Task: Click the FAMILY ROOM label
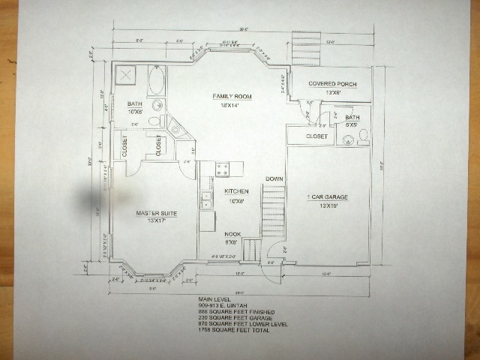click(x=231, y=97)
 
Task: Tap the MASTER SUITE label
click(x=156, y=214)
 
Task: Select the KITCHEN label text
click(x=236, y=191)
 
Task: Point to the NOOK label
click(x=232, y=233)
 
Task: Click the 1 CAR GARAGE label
click(x=328, y=196)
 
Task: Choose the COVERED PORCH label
click(x=332, y=84)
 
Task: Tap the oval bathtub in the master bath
click(x=156, y=80)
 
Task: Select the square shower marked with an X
click(x=124, y=76)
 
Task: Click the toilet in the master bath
click(x=156, y=119)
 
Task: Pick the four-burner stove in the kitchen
click(x=223, y=169)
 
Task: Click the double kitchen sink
click(x=206, y=200)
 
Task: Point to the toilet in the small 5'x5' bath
click(x=363, y=136)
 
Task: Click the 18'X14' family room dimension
click(x=231, y=106)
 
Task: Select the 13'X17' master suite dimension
click(x=156, y=222)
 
